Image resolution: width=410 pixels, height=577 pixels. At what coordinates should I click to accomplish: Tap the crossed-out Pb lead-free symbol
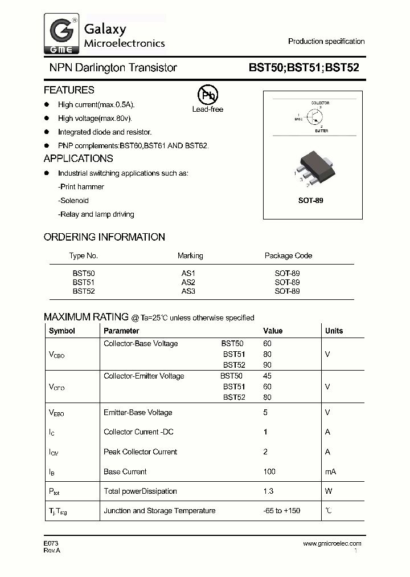coord(207,95)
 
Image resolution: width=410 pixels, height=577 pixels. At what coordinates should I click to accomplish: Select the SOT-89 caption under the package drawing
coord(311,201)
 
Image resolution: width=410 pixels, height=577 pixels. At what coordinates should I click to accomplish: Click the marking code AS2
coord(188,282)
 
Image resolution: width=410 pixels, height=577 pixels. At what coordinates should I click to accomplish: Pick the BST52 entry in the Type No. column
coord(84,291)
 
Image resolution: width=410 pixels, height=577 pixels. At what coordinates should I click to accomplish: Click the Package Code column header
coord(288,255)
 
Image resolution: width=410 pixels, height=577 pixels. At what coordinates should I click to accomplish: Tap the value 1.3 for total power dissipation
coord(269,491)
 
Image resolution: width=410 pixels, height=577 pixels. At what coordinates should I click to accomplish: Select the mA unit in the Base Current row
coord(330,472)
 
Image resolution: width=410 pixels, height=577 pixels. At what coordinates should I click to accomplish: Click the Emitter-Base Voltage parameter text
coord(138,412)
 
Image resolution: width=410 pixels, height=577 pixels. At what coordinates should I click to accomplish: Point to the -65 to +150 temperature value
coord(281,510)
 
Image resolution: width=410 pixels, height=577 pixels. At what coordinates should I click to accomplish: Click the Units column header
coord(334,331)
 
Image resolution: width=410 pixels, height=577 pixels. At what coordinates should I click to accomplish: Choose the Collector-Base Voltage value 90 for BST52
coord(268,365)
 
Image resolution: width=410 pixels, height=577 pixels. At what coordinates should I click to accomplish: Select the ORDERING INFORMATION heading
coord(104,237)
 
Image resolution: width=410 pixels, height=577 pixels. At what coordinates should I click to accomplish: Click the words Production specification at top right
coord(326,41)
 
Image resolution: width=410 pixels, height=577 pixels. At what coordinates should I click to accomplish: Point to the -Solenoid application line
coord(73,201)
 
